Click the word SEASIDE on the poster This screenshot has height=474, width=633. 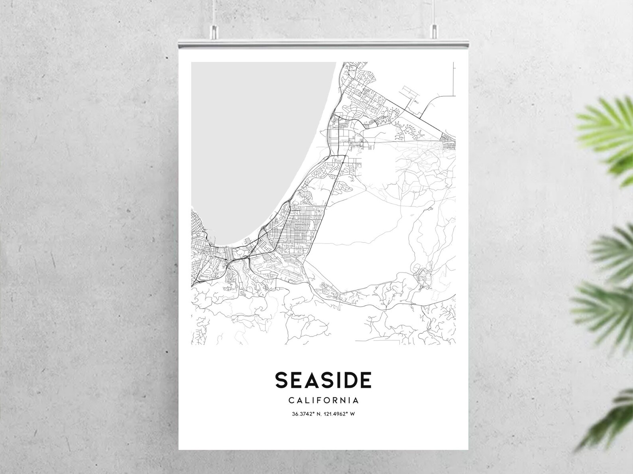[x=323, y=380]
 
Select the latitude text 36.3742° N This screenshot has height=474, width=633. [x=306, y=414]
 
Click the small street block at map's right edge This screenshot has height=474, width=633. [x=448, y=142]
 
